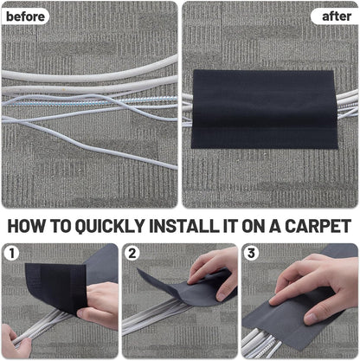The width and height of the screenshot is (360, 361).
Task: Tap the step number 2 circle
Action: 133,255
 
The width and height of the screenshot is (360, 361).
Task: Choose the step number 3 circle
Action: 253,255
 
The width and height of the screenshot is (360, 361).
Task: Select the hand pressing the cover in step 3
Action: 316,281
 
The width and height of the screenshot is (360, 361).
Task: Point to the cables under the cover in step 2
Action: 160,325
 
